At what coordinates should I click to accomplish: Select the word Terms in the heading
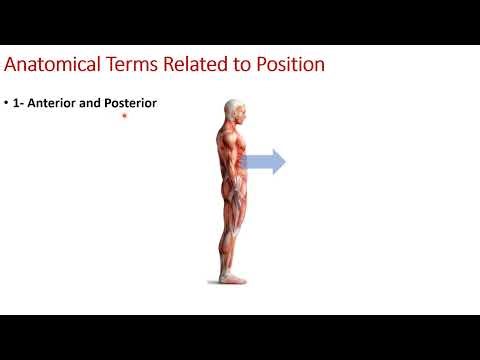(131, 66)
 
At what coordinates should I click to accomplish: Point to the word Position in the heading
(288, 66)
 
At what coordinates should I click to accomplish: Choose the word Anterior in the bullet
(59, 102)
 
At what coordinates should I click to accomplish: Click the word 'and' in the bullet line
(92, 102)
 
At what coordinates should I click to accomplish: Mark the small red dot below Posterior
(124, 116)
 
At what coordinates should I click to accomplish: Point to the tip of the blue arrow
(285, 162)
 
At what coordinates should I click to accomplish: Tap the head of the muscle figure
(233, 111)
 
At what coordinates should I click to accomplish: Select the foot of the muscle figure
(233, 275)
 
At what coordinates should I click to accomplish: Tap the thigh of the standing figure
(232, 200)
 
